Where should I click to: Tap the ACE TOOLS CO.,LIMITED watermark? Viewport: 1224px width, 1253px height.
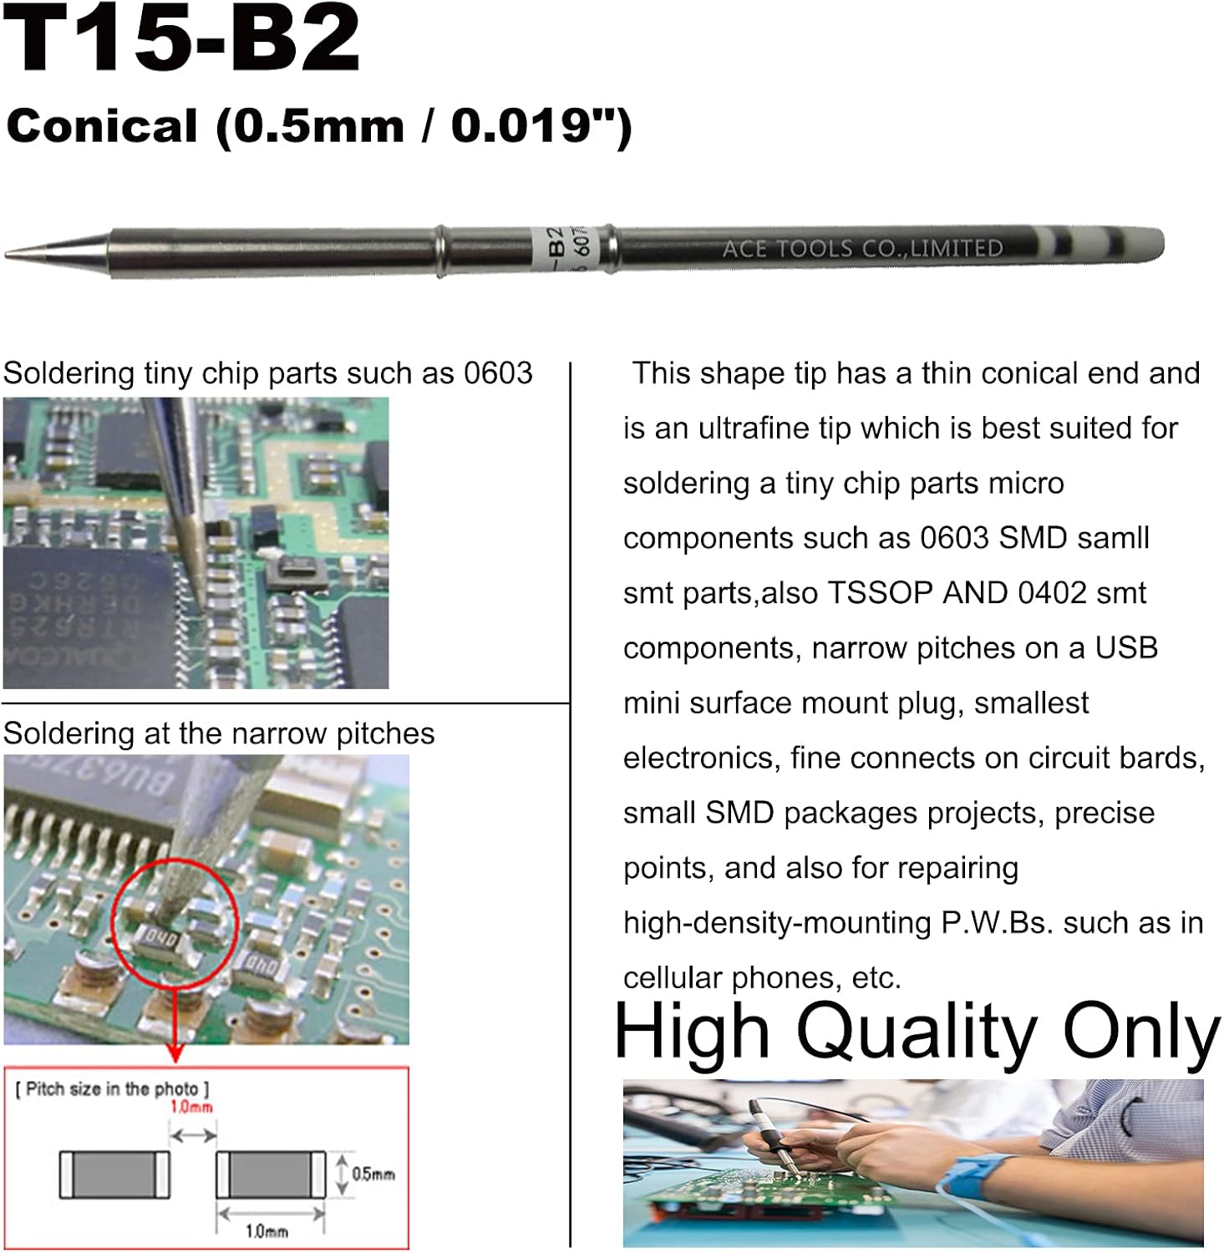tap(862, 248)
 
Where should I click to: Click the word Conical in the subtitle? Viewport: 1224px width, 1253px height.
tap(102, 126)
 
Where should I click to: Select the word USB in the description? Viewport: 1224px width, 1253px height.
tap(1126, 648)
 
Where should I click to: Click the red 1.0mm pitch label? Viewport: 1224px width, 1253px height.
tap(191, 1108)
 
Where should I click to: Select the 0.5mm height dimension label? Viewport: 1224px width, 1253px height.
tap(373, 1174)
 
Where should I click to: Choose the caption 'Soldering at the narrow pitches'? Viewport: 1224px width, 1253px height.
tap(219, 733)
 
